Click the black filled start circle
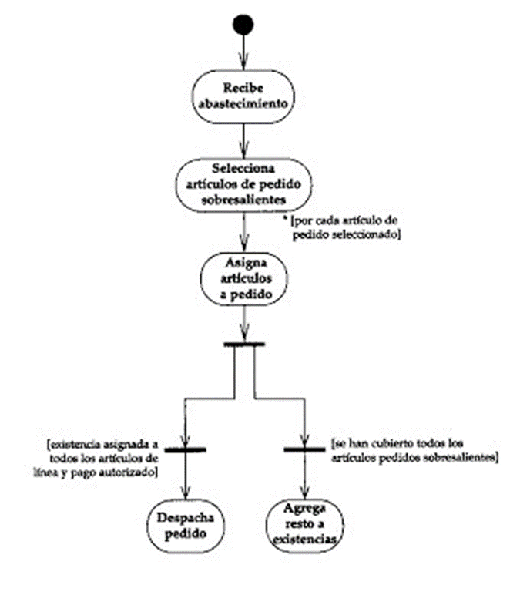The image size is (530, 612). [x=243, y=25]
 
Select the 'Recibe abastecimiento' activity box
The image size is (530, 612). [x=243, y=97]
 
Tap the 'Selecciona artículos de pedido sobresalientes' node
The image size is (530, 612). [x=243, y=185]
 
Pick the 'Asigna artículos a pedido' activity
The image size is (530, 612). [x=244, y=279]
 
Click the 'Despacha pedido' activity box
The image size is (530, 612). [x=186, y=526]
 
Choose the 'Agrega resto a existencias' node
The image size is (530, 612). [x=304, y=526]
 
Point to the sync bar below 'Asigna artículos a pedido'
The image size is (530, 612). [x=244, y=345]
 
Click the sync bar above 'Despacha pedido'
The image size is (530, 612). [x=185, y=450]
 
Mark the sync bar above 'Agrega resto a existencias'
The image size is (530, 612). [x=304, y=449]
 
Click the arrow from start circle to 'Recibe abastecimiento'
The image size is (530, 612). [x=243, y=52]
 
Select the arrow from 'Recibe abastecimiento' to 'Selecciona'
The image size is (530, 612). [x=243, y=141]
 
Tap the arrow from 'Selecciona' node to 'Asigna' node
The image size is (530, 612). [x=243, y=232]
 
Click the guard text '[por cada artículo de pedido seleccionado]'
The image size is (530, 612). [x=346, y=227]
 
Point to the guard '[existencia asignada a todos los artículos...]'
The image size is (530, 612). [x=97, y=458]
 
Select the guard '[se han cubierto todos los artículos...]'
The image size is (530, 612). [x=415, y=450]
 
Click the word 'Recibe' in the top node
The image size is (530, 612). [x=243, y=88]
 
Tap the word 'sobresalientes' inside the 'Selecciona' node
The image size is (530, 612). [x=243, y=200]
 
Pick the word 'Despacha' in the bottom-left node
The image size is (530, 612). [x=186, y=517]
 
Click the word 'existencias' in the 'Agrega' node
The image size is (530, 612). [x=304, y=540]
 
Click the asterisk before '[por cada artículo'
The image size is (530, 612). [x=285, y=218]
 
